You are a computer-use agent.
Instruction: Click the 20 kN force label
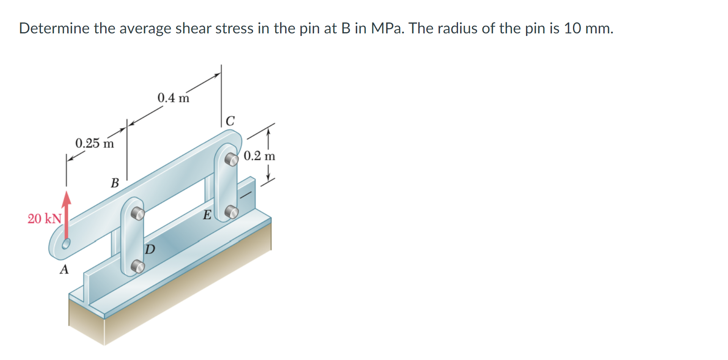[44, 218]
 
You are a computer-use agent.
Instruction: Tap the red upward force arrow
[66, 215]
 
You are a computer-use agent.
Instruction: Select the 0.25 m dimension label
[94, 143]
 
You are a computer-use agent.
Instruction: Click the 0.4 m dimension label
[173, 98]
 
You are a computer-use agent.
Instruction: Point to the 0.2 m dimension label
[259, 156]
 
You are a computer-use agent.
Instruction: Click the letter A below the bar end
[64, 269]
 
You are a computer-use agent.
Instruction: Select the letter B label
[115, 183]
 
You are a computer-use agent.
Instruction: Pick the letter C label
[230, 121]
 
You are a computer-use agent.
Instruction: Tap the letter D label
[150, 249]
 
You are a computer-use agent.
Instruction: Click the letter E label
[207, 215]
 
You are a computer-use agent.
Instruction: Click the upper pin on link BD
[137, 213]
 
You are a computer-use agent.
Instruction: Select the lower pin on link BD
[137, 266]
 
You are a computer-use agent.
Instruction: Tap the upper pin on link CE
[231, 159]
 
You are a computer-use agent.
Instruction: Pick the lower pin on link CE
[231, 212]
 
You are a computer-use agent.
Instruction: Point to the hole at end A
[66, 244]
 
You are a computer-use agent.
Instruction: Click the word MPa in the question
[387, 28]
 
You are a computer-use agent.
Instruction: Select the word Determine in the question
[54, 28]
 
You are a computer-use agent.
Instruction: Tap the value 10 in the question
[573, 28]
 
